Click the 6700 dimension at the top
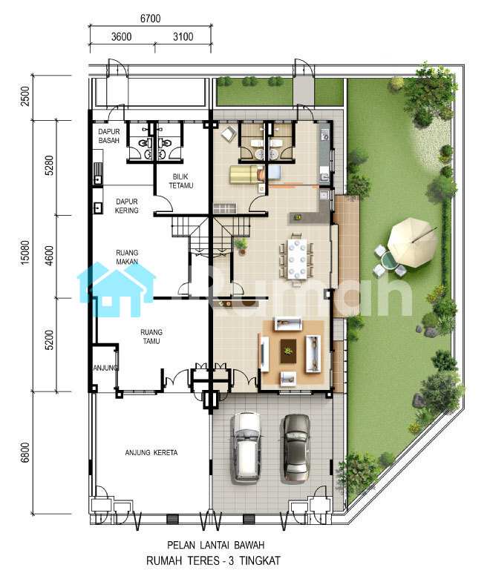(151, 19)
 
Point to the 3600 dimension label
(121, 37)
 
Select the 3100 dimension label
(183, 37)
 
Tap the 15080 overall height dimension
(24, 252)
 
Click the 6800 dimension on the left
(24, 452)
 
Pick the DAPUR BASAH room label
(108, 136)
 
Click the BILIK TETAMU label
(181, 181)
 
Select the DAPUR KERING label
(126, 205)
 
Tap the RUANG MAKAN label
(127, 257)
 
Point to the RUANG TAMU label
(151, 337)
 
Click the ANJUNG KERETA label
(151, 452)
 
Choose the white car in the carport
(246, 448)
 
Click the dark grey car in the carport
(295, 448)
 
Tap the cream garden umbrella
(412, 242)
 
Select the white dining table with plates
(297, 259)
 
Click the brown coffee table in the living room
(288, 351)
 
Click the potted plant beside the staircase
(241, 246)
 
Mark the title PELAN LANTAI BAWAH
(216, 545)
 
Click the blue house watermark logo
(117, 289)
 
